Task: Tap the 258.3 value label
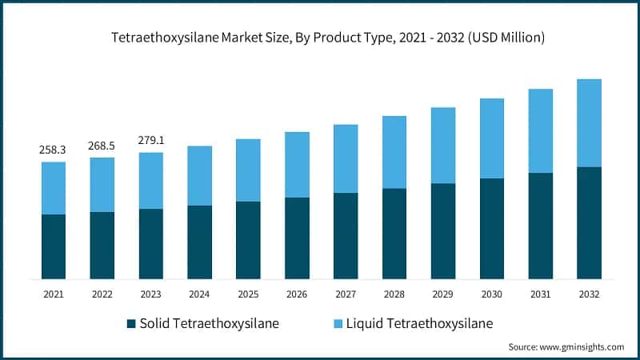(x=54, y=150)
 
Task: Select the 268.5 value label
(x=102, y=146)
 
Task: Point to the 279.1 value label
(x=151, y=141)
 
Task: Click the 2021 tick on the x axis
(x=54, y=294)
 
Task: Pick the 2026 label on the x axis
(x=297, y=294)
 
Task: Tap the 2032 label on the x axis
(x=589, y=294)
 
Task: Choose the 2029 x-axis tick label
(x=443, y=294)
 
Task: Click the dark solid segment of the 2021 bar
(x=54, y=246)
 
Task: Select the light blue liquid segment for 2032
(x=589, y=122)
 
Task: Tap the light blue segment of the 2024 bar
(x=199, y=175)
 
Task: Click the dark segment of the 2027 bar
(x=346, y=235)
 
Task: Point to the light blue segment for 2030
(x=492, y=138)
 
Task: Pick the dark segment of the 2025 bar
(x=248, y=240)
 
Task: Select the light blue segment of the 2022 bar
(x=102, y=184)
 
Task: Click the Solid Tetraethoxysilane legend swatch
(x=131, y=324)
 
